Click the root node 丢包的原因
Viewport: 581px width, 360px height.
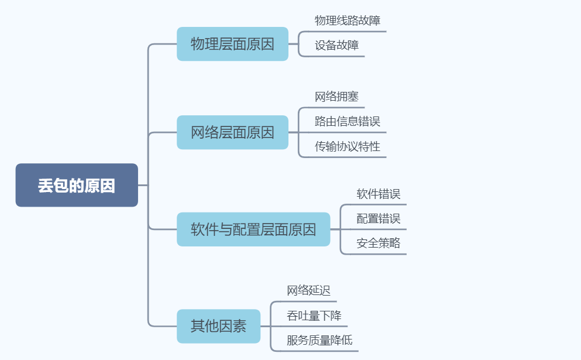pos(77,185)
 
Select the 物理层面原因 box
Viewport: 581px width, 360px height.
pos(232,44)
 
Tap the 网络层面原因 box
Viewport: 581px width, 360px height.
pos(232,132)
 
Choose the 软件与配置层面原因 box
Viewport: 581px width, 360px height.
pos(253,229)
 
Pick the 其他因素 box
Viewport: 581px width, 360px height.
pos(218,326)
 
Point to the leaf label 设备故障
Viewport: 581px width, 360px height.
pos(336,45)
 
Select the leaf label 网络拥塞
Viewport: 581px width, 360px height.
pos(336,97)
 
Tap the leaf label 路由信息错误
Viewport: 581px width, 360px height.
pos(348,121)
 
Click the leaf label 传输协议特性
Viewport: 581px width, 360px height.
pos(348,146)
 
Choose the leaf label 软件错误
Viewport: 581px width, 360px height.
pos(379,194)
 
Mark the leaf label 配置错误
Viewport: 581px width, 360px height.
pos(379,219)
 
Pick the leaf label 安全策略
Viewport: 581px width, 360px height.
pos(379,244)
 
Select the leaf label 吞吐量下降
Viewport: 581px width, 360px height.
pos(314,316)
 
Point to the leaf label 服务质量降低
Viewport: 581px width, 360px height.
pos(319,340)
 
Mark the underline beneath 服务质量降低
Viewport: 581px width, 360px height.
pos(316,351)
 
